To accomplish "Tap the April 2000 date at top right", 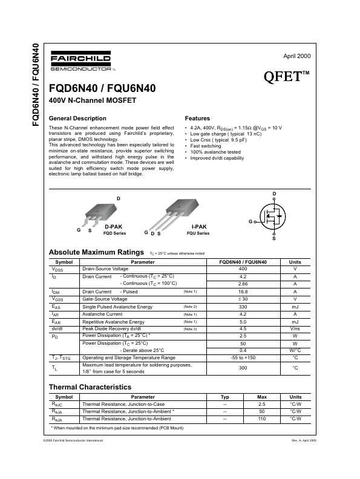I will point(296,56).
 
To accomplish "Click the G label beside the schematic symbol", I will point(250,222).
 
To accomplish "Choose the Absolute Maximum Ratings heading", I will point(96,252).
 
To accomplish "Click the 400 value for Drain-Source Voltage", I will point(243,269).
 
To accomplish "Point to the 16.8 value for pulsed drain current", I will point(243,292).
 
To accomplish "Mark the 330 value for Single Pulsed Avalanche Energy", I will point(243,307).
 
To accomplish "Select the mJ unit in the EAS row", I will point(295,307).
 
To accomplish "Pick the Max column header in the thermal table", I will point(262,397).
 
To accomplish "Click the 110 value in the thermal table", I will point(262,419).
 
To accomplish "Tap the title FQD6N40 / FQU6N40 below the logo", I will point(102,88).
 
